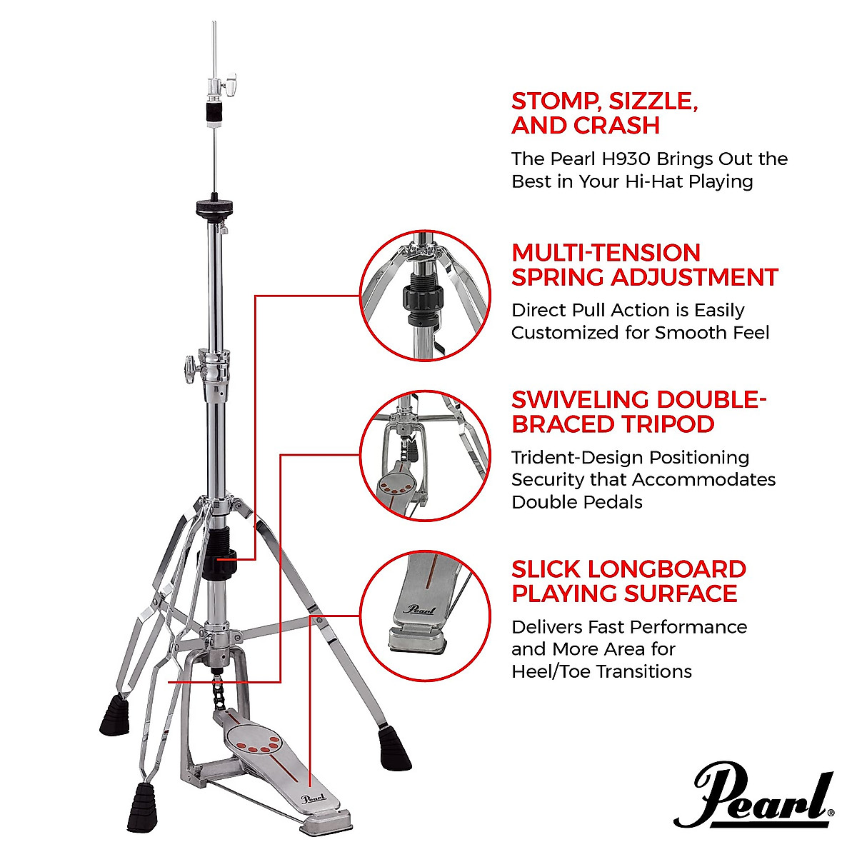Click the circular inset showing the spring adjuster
point(425,295)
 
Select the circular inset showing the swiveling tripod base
point(425,456)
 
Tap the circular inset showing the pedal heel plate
point(425,615)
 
